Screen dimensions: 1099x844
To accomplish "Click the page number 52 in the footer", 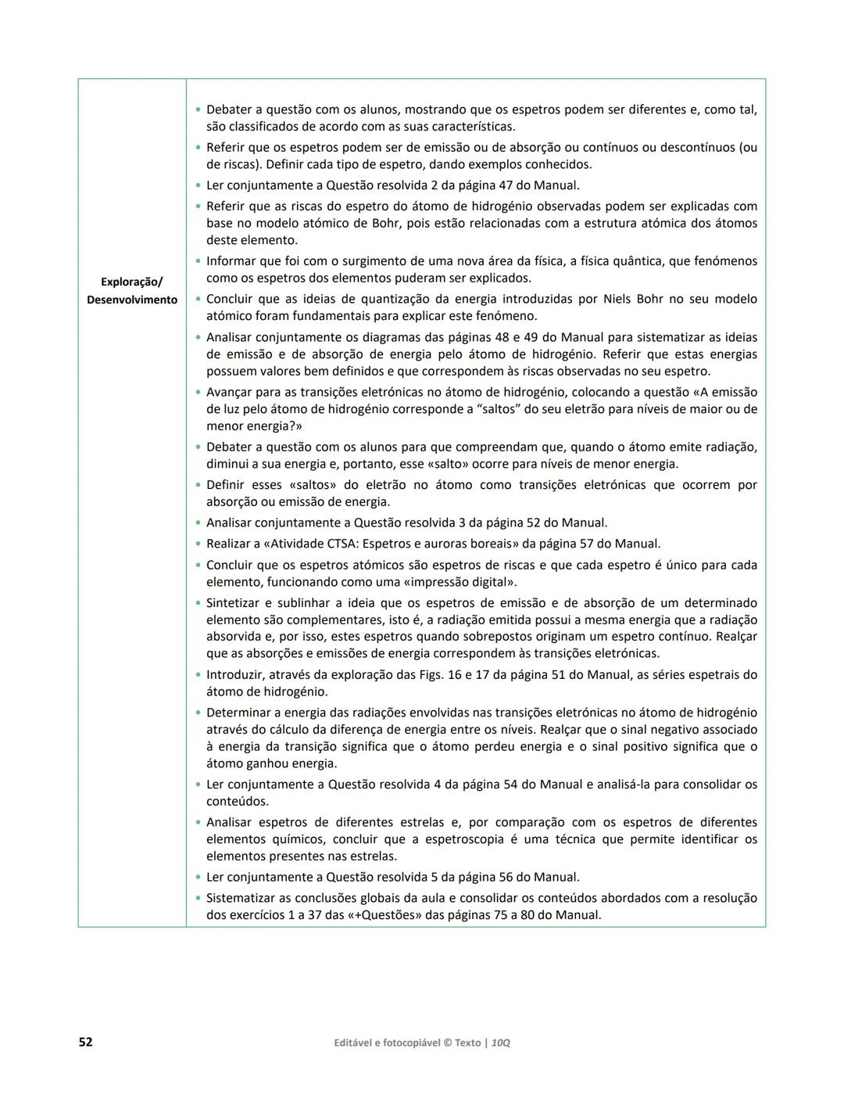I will click(85, 1042).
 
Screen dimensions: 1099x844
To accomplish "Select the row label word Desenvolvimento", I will click(132, 300).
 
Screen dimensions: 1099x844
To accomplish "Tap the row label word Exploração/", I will click(132, 282).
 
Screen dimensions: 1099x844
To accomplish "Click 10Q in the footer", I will click(501, 1043).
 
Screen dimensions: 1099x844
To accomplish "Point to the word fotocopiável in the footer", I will click(409, 1043).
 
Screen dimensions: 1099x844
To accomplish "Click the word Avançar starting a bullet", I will click(231, 392).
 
